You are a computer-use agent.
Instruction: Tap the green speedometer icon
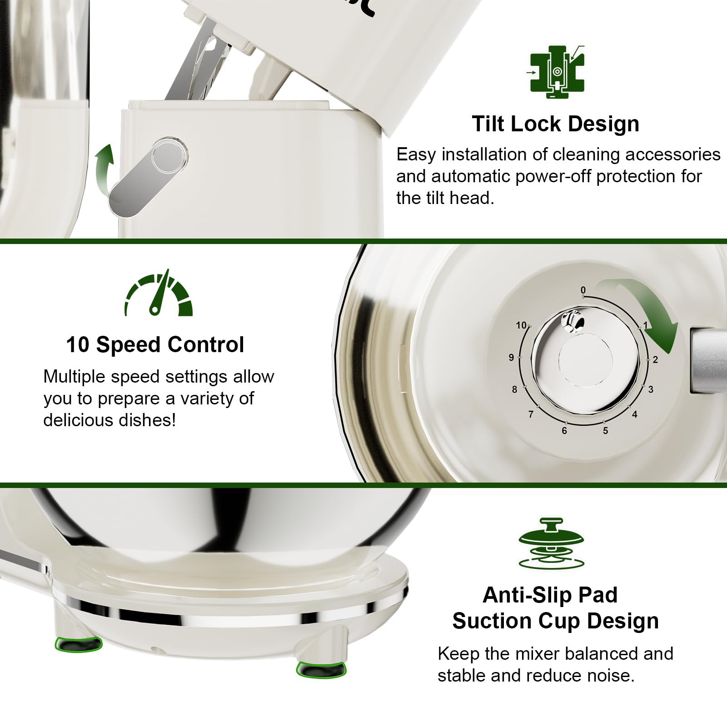[159, 294]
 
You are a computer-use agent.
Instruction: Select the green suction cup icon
[551, 543]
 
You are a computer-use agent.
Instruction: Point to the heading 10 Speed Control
[155, 344]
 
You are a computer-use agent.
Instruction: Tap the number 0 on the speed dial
[583, 290]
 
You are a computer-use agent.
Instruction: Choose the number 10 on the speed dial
[521, 325]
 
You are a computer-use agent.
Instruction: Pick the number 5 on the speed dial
[605, 431]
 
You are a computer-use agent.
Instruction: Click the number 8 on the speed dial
[514, 389]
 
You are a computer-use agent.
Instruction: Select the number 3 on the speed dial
[651, 389]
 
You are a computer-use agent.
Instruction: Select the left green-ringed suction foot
[78, 643]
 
